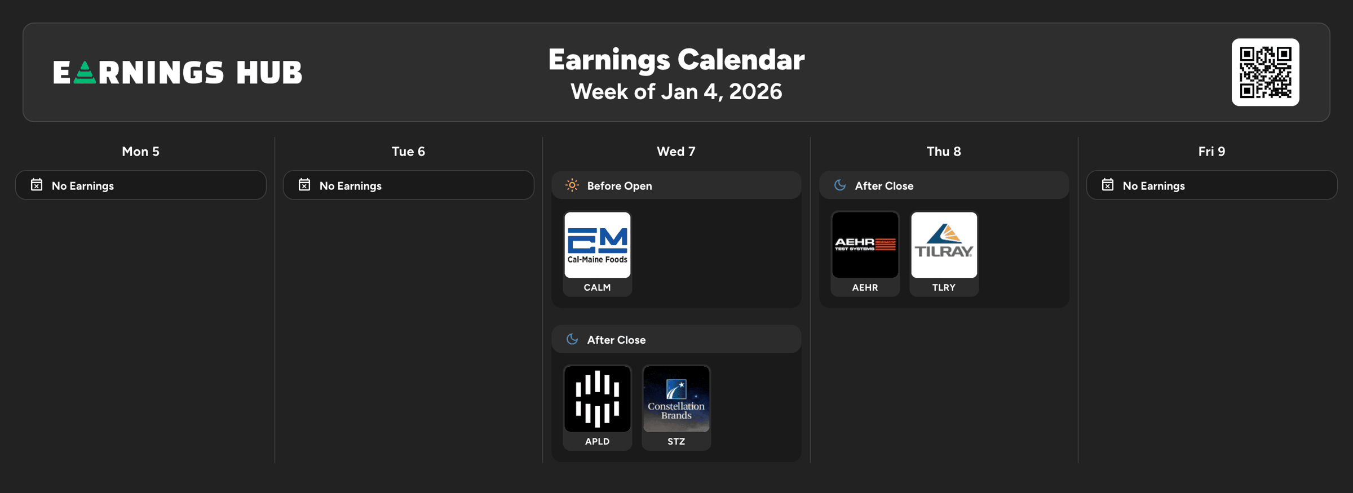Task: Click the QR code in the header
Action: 1265,72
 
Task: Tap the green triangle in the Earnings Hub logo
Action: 85,73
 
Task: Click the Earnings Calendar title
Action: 676,59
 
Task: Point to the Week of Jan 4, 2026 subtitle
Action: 676,91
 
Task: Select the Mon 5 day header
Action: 140,152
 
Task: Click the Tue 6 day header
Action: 408,152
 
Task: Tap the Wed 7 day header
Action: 676,152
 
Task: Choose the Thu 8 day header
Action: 944,152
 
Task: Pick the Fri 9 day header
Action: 1211,152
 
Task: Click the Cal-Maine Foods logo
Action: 598,245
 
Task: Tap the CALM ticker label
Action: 597,287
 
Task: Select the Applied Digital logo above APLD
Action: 598,399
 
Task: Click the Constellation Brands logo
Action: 676,399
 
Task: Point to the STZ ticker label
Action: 676,441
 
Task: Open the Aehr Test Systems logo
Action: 865,245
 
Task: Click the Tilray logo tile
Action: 944,245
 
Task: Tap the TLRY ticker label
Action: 944,287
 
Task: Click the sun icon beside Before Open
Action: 572,185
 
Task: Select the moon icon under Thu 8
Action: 840,185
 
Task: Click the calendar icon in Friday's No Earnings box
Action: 1108,185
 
